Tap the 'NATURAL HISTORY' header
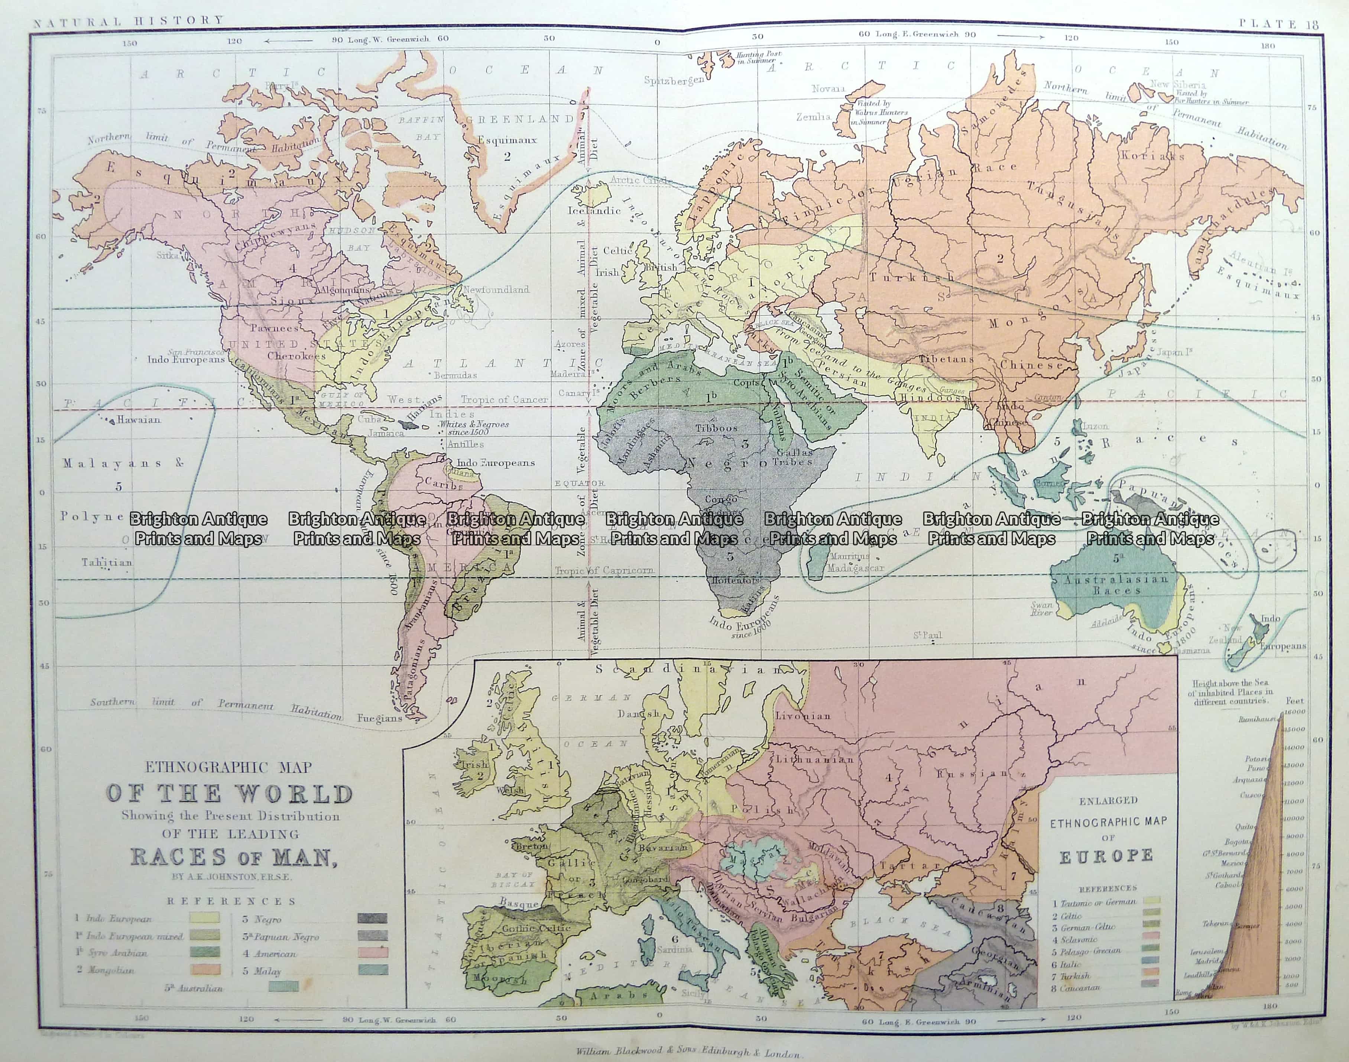[128, 20]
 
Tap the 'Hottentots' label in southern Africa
[736, 580]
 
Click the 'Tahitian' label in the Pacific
[107, 562]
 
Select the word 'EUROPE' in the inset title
[1106, 857]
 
